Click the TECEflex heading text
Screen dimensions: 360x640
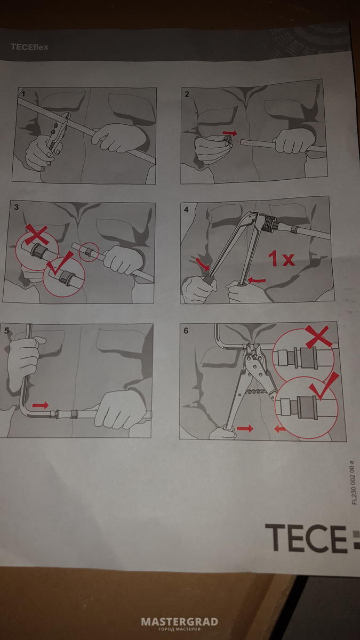[x=29, y=47]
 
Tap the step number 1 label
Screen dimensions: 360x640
[x=23, y=94]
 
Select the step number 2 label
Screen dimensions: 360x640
[x=187, y=94]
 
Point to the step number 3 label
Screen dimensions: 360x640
[x=17, y=207]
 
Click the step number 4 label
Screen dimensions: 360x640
[x=186, y=210]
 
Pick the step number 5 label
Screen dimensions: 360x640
[x=7, y=331]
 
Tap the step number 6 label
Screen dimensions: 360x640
[x=186, y=331]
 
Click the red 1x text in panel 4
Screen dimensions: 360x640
[x=281, y=258]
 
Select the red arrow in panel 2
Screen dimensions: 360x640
[x=230, y=133]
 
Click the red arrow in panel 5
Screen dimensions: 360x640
[x=41, y=405]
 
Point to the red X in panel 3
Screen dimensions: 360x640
[x=37, y=234]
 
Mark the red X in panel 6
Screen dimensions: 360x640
[x=318, y=337]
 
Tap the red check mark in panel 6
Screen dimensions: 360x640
[x=323, y=386]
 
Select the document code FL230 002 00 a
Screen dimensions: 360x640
[x=354, y=482]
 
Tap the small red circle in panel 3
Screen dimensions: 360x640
[x=89, y=252]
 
